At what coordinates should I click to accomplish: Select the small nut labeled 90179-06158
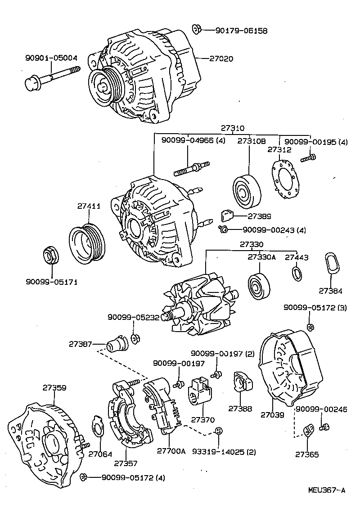click(x=196, y=29)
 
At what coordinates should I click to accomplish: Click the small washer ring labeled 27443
click(x=297, y=273)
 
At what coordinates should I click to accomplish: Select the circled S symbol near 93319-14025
click(x=218, y=431)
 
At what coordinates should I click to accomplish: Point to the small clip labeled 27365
click(x=308, y=430)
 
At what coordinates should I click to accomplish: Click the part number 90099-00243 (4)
click(x=274, y=230)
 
